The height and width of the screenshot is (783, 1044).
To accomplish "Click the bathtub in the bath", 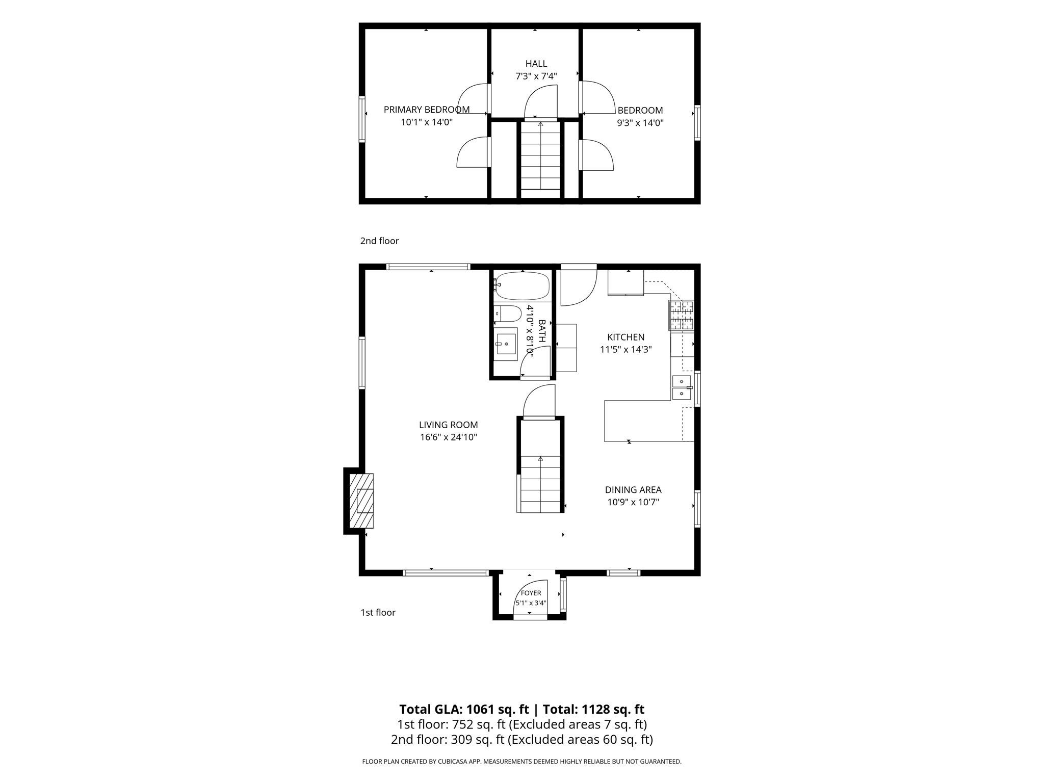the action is click(521, 286).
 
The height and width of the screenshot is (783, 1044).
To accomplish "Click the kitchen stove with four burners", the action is click(682, 316).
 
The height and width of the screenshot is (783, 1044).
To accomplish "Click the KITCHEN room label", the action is click(625, 337).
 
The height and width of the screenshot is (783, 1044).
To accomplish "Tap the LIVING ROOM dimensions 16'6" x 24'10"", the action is click(448, 437).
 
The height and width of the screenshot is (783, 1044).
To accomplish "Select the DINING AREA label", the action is click(633, 490).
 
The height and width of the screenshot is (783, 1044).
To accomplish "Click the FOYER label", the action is click(531, 593).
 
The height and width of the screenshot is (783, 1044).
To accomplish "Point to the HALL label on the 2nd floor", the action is click(536, 64).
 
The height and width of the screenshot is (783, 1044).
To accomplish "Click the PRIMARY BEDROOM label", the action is click(427, 110).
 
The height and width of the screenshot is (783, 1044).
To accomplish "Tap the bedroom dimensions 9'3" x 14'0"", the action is click(640, 123).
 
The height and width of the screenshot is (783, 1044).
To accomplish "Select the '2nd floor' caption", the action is click(379, 241).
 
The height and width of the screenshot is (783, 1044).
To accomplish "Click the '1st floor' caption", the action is click(378, 612).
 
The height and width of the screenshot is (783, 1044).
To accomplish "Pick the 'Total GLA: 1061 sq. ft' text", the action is click(464, 709).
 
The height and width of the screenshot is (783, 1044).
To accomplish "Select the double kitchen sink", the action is click(682, 387).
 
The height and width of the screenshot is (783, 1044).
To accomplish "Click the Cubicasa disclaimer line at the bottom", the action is click(521, 762).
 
